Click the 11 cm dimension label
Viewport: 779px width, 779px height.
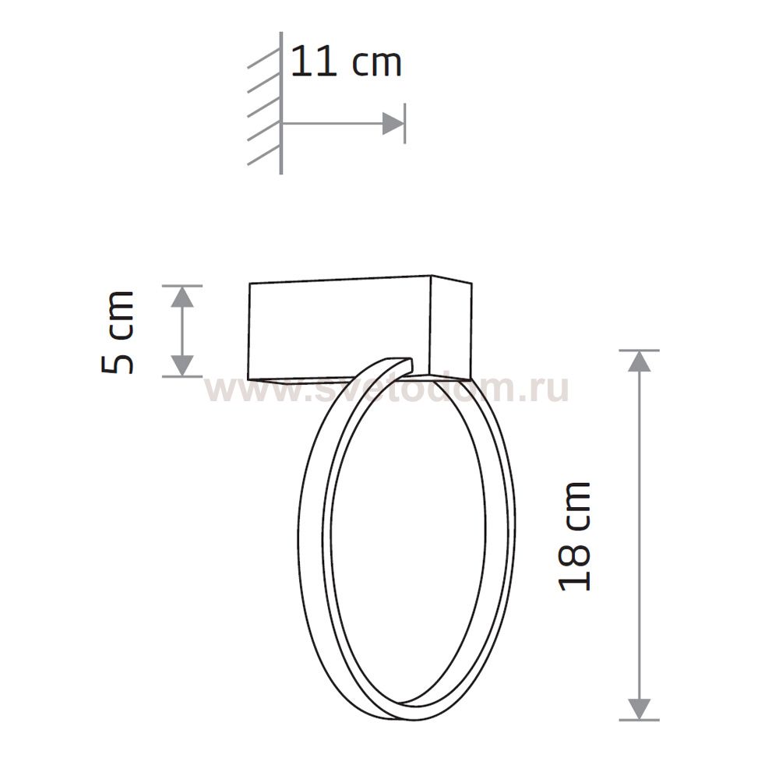pos(346,62)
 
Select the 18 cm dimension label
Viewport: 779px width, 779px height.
pos(576,536)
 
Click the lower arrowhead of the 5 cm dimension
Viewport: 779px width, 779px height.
pos(182,364)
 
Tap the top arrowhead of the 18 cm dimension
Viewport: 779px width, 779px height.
pos(639,361)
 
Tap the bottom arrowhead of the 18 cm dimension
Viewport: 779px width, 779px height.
pos(639,708)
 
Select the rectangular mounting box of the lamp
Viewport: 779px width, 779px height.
pos(339,327)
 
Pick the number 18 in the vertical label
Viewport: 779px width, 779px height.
pos(576,567)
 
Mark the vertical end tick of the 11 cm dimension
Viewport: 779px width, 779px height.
pos(404,123)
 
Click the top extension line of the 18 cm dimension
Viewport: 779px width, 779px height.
pos(639,351)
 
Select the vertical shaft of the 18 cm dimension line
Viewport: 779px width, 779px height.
pos(639,538)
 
